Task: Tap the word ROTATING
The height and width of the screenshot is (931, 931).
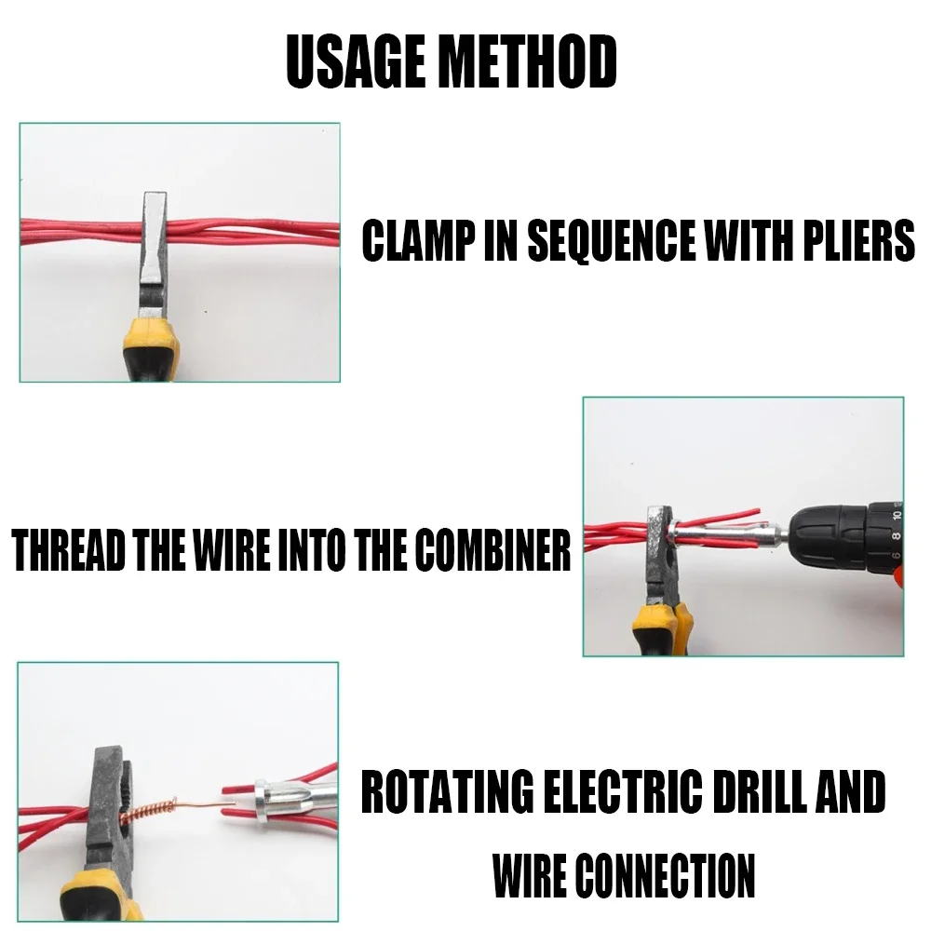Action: [445, 791]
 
